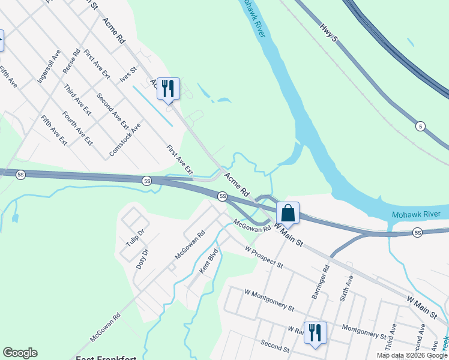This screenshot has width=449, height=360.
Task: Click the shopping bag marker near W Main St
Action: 288,213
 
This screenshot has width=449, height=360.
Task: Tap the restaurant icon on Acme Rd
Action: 168,89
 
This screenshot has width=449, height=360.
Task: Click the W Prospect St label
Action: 264,256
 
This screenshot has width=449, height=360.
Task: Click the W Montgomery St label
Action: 270,299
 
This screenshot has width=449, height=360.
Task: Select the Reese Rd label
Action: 72,62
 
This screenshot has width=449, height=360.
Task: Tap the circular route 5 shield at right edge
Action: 421,126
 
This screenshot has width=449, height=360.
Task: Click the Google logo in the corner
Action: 20,353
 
